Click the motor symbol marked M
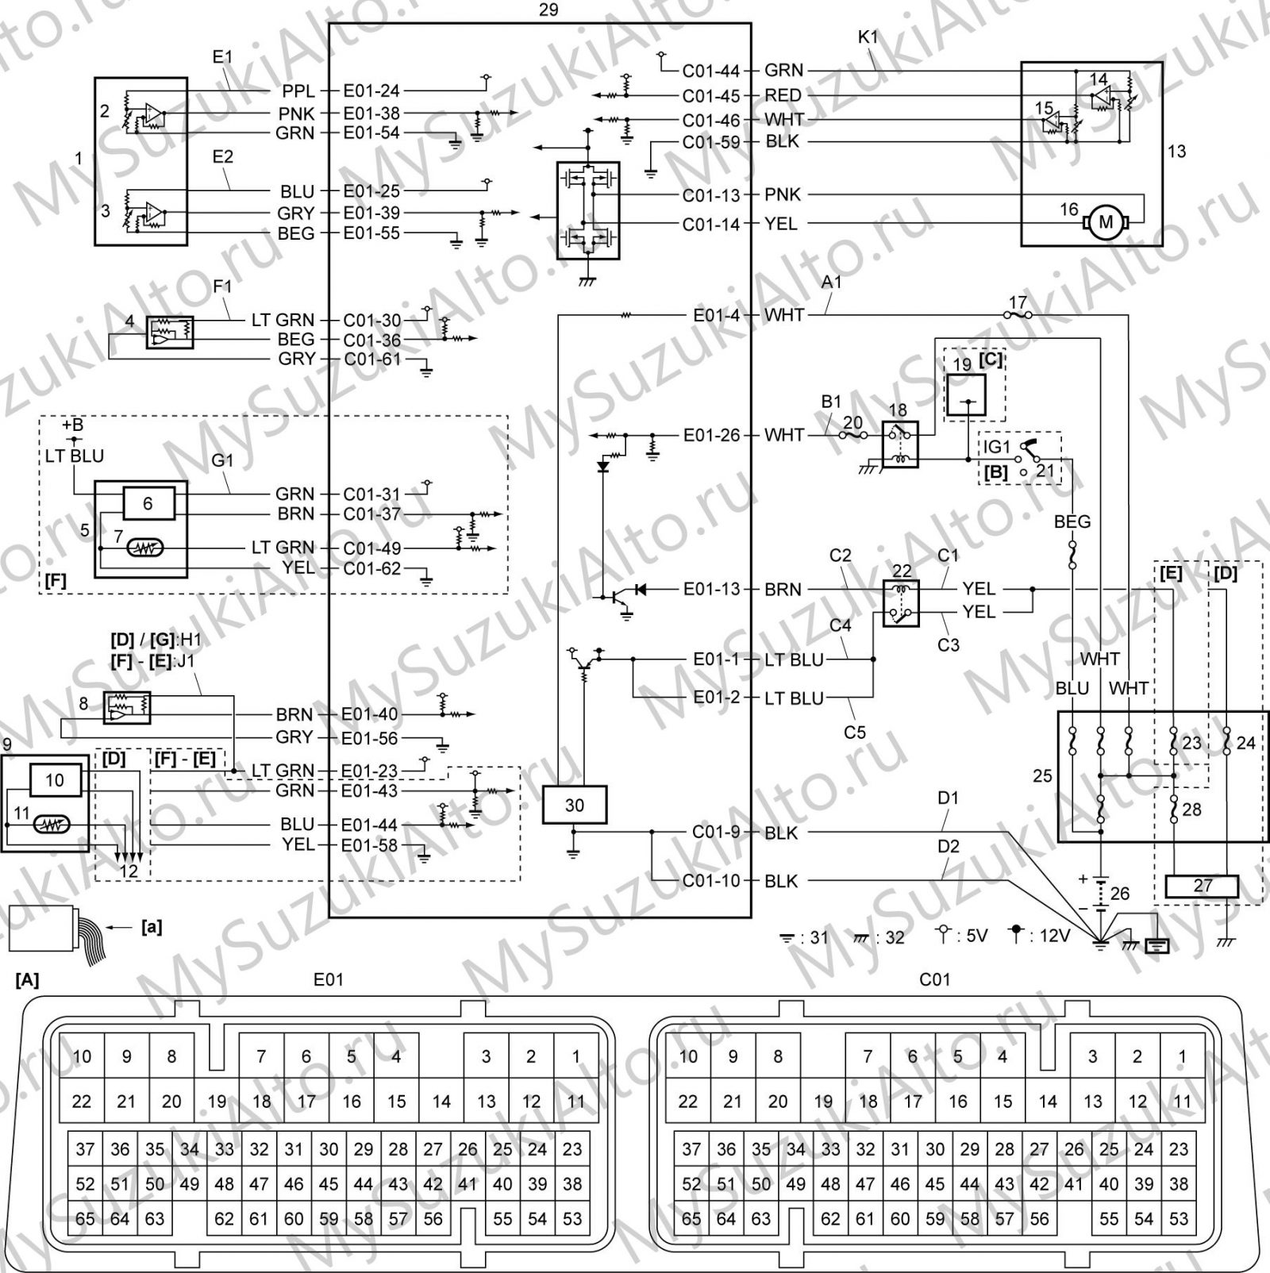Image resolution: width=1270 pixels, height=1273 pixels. tap(1105, 223)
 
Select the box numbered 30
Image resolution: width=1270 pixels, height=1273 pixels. tap(574, 805)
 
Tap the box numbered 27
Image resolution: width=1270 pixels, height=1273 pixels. tap(1202, 886)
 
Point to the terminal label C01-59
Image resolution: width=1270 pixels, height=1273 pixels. tap(711, 142)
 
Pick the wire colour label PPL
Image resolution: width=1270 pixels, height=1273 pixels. tap(298, 91)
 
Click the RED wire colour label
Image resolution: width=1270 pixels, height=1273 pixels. tap(783, 95)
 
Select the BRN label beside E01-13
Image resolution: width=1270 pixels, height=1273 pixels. tap(783, 590)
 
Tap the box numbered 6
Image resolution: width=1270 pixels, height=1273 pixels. tap(148, 503)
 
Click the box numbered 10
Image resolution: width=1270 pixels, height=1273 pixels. tap(54, 780)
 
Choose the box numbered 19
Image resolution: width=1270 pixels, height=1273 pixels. tap(965, 394)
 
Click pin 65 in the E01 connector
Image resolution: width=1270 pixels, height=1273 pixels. tap(85, 1218)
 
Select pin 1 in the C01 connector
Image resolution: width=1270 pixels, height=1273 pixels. tap(1182, 1056)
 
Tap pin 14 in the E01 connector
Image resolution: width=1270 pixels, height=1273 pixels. tap(441, 1101)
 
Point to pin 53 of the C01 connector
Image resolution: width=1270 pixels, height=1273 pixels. tap(1179, 1218)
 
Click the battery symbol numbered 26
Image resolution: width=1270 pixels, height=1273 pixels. tap(1100, 892)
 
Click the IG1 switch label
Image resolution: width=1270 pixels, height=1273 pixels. tap(997, 447)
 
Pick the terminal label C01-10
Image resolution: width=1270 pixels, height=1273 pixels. tap(711, 881)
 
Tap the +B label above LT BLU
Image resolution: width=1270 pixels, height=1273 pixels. tap(72, 425)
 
